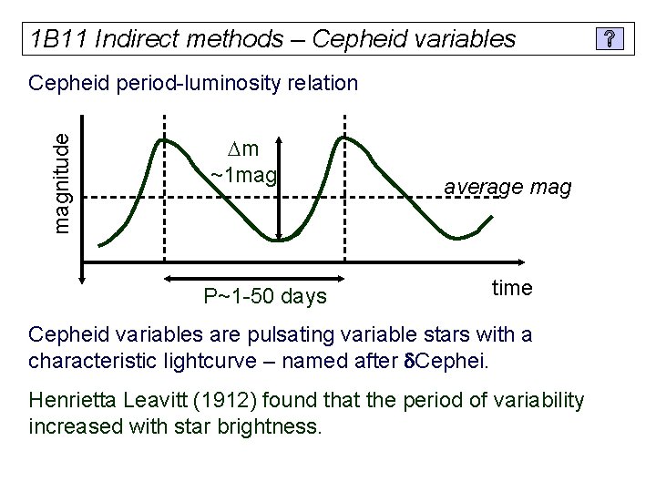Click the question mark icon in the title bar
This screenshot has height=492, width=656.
pos(610,39)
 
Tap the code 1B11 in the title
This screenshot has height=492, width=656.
pos(57,39)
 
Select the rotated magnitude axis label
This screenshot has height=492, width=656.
pos(61,181)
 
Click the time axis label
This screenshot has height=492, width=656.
pos(512,288)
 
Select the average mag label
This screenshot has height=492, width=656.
pos(507,188)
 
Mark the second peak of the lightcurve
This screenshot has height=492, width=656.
pos(343,138)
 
